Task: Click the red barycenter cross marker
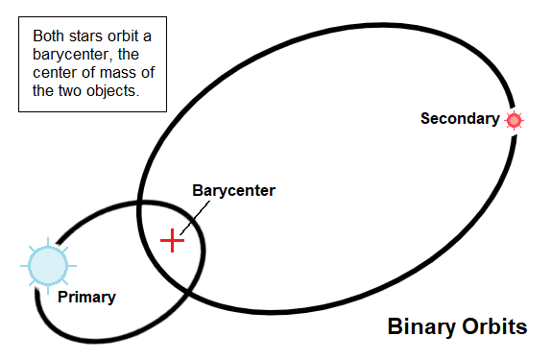point(172,239)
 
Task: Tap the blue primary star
point(47,265)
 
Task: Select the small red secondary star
point(515,120)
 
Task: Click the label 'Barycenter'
point(233,191)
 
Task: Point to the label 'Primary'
point(85,297)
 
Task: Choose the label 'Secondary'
point(460,119)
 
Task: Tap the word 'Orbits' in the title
point(496,326)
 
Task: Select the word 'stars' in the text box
point(86,36)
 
